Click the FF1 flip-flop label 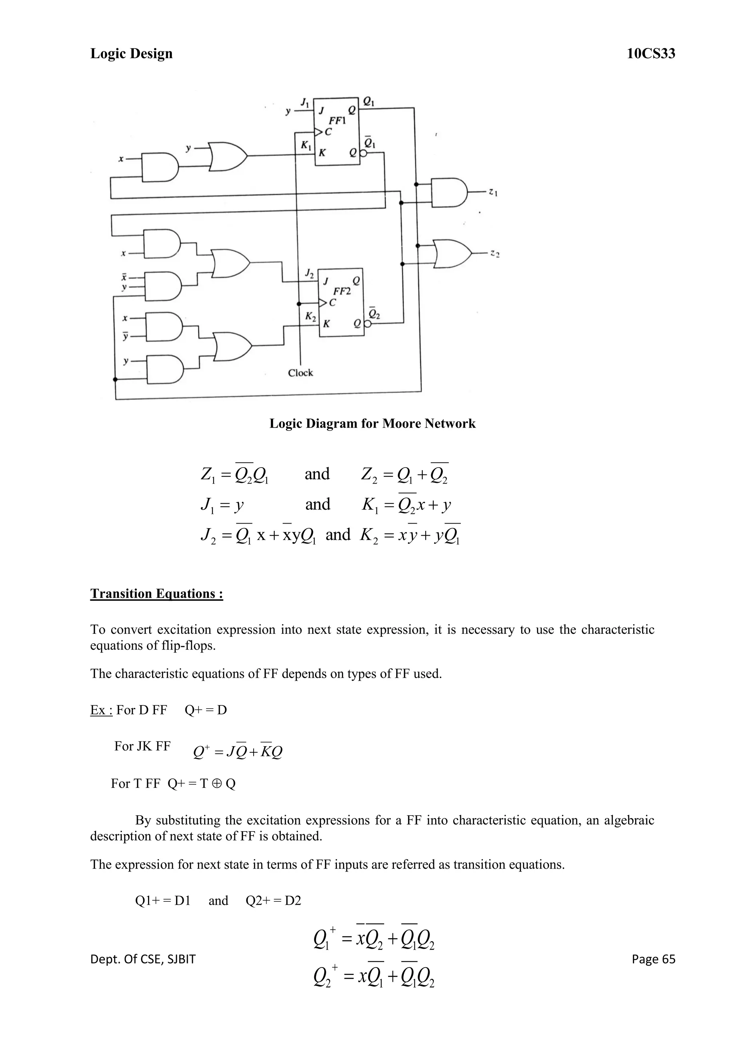(x=337, y=121)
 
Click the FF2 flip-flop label (x=342, y=291)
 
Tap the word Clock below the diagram (x=300, y=373)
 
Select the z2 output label (x=494, y=253)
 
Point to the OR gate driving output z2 (x=452, y=253)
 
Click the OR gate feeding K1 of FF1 (x=227, y=156)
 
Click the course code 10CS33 (x=651, y=54)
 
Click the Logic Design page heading (x=132, y=54)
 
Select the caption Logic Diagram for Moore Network (x=372, y=423)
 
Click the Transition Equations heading (x=156, y=593)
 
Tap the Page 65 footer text (x=653, y=959)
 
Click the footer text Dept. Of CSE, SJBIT (x=143, y=959)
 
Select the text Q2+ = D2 (x=274, y=900)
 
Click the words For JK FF (x=142, y=746)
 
